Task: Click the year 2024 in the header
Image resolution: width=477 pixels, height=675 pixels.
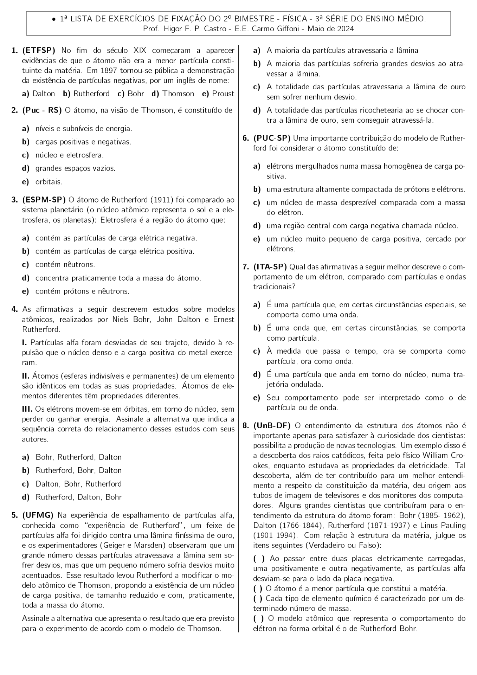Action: (345, 29)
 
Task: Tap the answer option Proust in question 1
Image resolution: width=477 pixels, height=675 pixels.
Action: (223, 94)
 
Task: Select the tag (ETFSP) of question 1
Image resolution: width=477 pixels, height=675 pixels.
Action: (39, 50)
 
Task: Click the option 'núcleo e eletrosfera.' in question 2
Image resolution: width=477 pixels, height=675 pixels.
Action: (69, 155)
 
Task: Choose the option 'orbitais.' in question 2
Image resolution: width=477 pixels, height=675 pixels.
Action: (49, 182)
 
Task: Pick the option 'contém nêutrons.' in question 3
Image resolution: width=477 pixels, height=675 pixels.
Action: (65, 264)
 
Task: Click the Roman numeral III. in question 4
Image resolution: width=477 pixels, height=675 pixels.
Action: (27, 409)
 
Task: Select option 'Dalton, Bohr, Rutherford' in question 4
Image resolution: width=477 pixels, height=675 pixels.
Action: (78, 484)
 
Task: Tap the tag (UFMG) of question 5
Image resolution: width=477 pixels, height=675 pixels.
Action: (38, 515)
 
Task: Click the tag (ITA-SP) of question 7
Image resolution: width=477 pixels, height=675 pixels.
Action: (270, 267)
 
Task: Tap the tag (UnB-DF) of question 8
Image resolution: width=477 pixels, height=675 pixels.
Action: (272, 426)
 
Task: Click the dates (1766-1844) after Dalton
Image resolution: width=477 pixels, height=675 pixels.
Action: (296, 526)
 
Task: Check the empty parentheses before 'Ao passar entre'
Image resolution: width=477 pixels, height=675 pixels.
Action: (259, 559)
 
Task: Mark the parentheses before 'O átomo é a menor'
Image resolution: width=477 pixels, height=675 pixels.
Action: (258, 589)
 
